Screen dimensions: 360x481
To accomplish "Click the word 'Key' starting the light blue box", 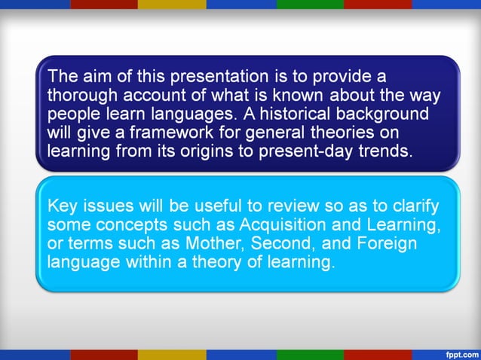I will click(x=61, y=207).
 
